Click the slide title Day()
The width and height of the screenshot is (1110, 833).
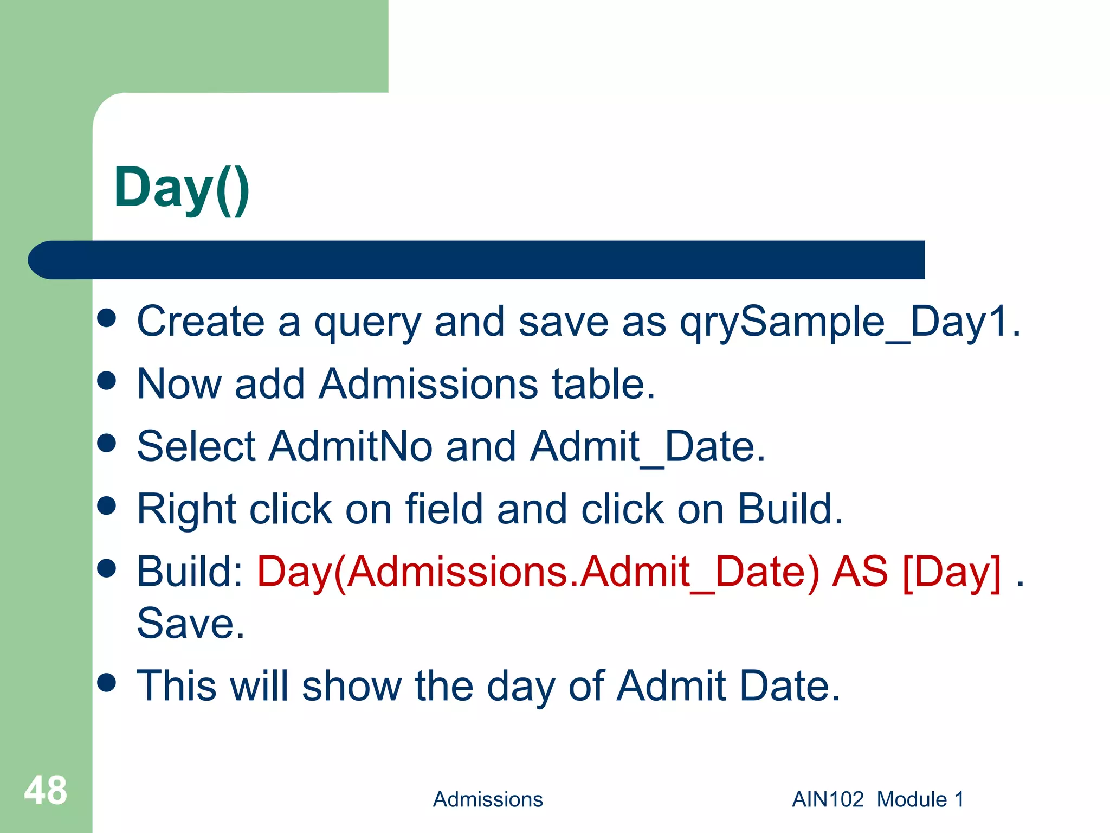(x=182, y=189)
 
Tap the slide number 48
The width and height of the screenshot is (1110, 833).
(x=46, y=791)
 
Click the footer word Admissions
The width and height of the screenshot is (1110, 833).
(x=488, y=799)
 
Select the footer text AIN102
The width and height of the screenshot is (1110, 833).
(x=828, y=799)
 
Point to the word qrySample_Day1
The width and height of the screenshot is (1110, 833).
(x=850, y=322)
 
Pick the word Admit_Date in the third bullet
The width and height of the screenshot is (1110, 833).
(x=648, y=446)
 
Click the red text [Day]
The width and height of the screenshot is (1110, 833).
(x=952, y=572)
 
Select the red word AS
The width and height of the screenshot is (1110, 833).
(x=860, y=572)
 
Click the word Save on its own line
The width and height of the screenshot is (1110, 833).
(x=191, y=624)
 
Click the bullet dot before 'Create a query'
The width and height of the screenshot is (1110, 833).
(x=107, y=318)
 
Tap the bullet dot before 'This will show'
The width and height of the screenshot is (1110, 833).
(x=107, y=683)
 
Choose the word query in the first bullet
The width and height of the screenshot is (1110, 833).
(x=367, y=322)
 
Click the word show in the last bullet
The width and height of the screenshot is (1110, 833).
(x=352, y=686)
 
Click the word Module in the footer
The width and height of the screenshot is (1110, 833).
(x=912, y=799)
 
